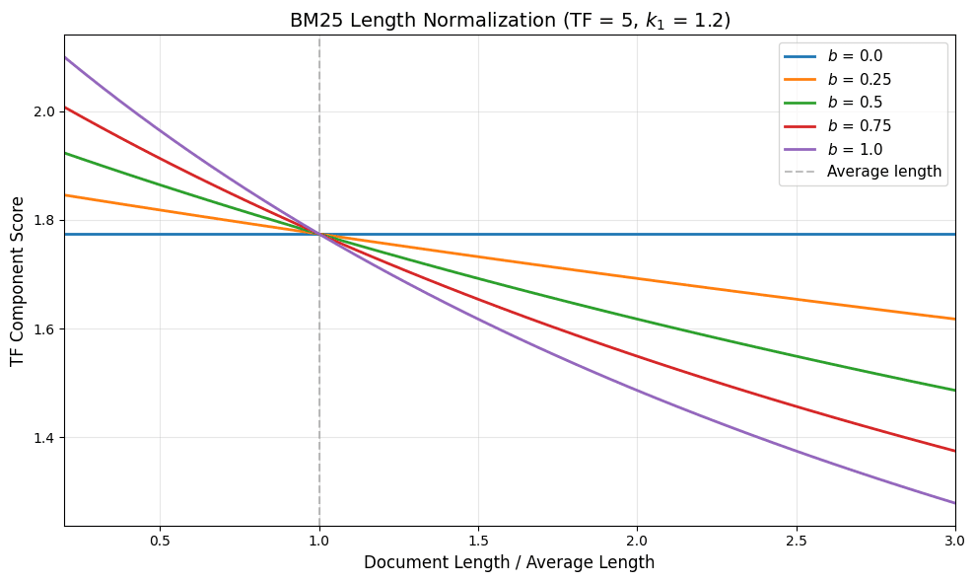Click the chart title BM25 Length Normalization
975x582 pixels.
[510, 21]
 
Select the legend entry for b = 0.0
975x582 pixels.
[855, 57]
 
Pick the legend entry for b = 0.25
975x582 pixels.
[859, 80]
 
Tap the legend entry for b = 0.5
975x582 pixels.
[855, 103]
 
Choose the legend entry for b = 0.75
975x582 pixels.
[859, 125]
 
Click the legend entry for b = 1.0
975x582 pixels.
[855, 149]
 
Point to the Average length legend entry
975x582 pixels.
[883, 172]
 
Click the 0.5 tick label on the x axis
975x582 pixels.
[160, 541]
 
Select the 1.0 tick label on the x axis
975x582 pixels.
[318, 541]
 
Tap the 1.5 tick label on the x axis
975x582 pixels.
[478, 541]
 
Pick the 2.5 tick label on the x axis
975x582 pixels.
[797, 541]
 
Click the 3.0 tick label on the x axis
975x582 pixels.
[954, 541]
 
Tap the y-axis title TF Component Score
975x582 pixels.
[18, 281]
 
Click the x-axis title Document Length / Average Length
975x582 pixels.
[509, 563]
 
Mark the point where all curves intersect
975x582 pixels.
[318, 234]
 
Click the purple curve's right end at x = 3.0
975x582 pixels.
[954, 503]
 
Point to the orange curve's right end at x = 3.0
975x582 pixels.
[954, 319]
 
